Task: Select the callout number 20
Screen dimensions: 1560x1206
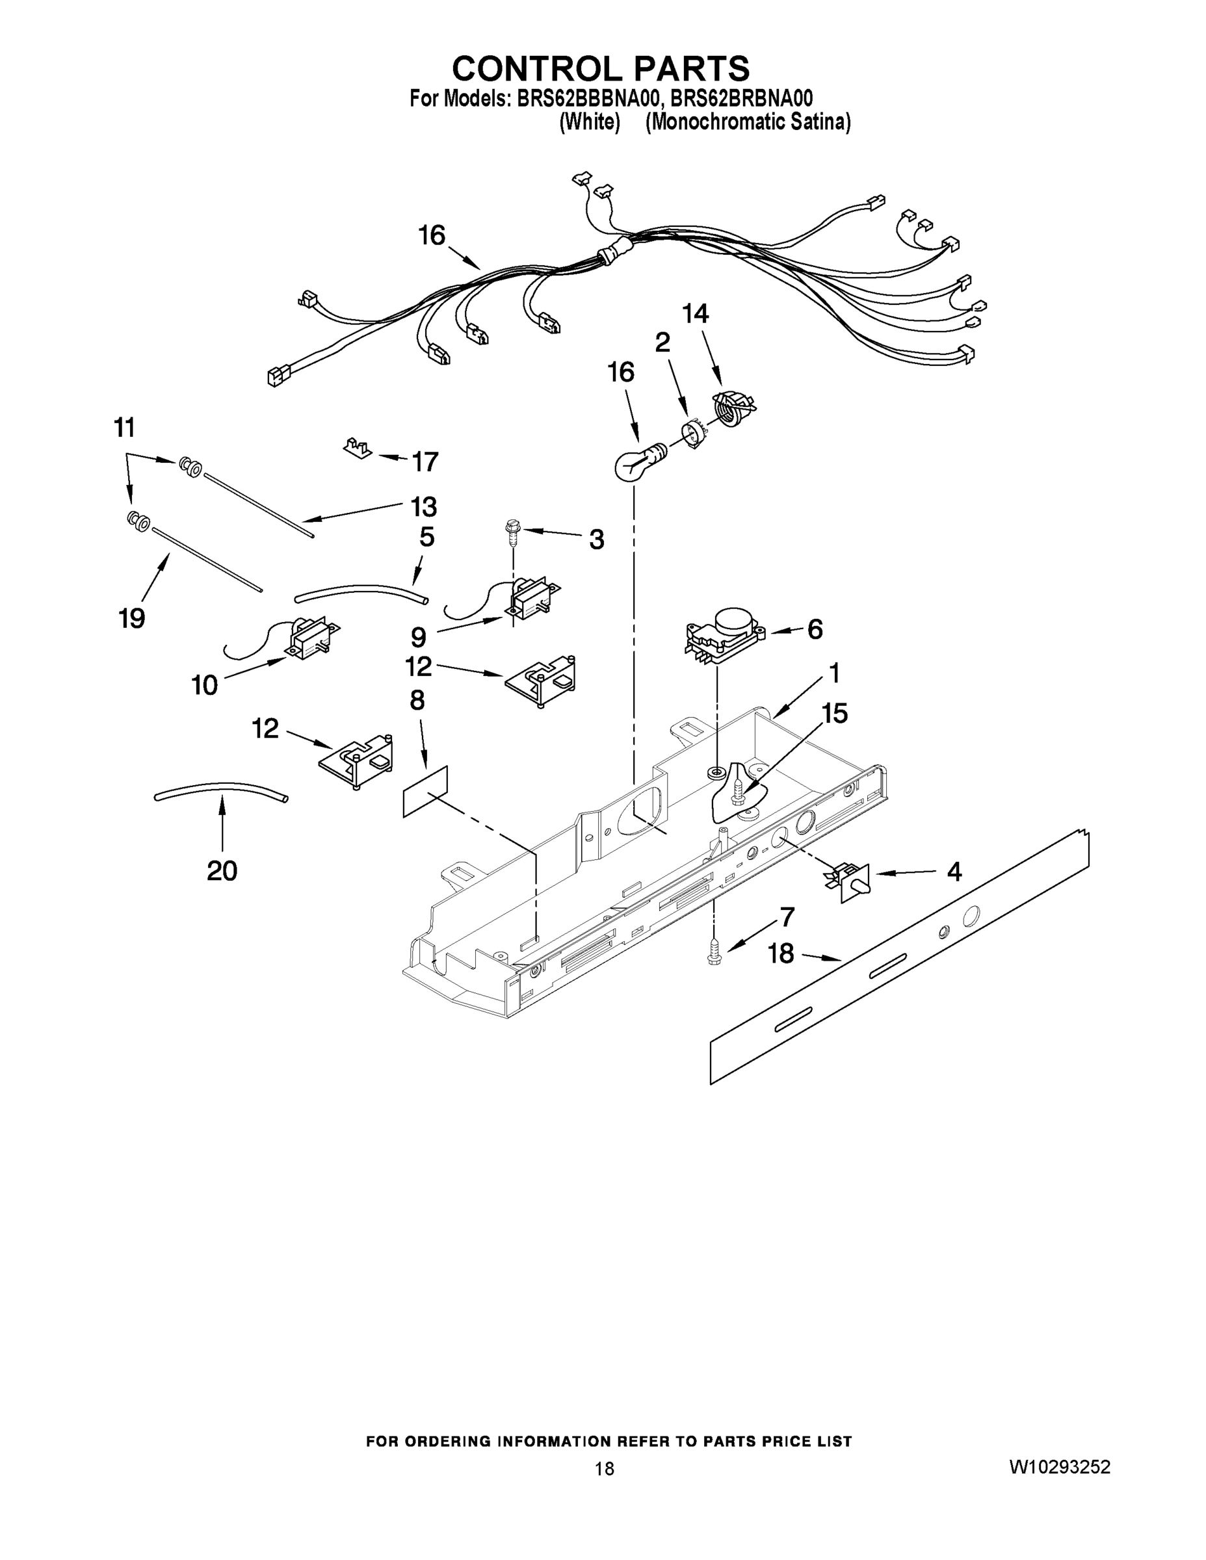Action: [x=222, y=871]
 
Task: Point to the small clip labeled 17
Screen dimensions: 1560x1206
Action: [x=356, y=448]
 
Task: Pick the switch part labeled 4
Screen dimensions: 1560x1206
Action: [x=852, y=883]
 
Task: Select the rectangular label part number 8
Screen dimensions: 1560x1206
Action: [x=425, y=792]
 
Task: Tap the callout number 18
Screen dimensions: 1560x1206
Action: [x=781, y=953]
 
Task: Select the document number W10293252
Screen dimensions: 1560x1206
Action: [x=1060, y=1467]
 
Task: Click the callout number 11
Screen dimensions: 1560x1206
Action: [x=124, y=428]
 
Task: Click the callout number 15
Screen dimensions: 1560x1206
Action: [x=833, y=713]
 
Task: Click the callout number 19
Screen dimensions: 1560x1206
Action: [x=132, y=618]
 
